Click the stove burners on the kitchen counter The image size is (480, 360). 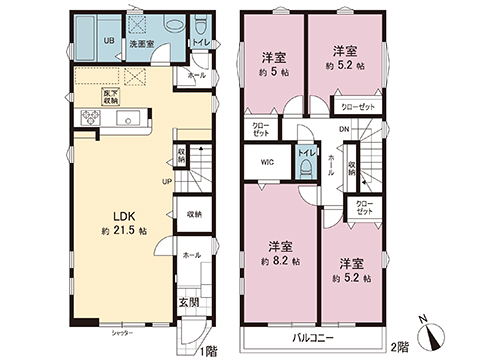(x=85, y=120)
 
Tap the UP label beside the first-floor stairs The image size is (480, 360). (x=167, y=182)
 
